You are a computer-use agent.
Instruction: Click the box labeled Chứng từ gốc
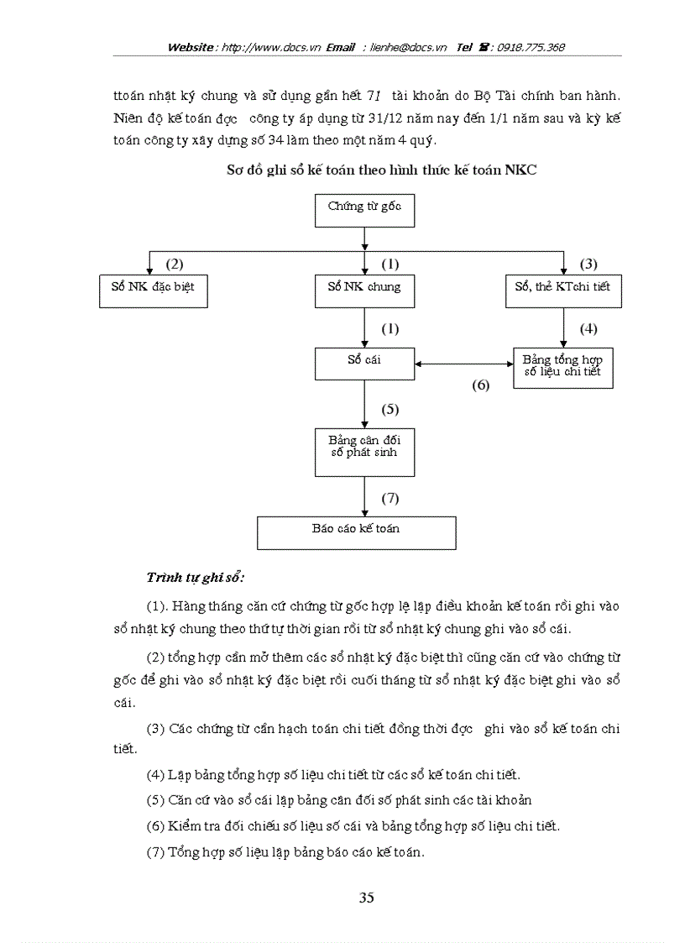pos(364,210)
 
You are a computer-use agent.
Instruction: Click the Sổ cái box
pos(364,364)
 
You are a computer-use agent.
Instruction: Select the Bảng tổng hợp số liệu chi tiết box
pos(562,367)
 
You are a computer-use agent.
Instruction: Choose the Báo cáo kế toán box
pos(356,532)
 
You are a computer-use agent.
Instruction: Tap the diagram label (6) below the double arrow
pos(479,385)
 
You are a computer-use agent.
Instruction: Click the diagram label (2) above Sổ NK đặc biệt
pos(174,264)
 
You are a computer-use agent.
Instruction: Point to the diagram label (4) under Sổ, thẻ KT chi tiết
pos(588,328)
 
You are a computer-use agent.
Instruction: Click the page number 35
pos(366,897)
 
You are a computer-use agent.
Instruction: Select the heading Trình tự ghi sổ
pos(195,578)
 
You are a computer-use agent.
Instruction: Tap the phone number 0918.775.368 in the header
pos(531,48)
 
